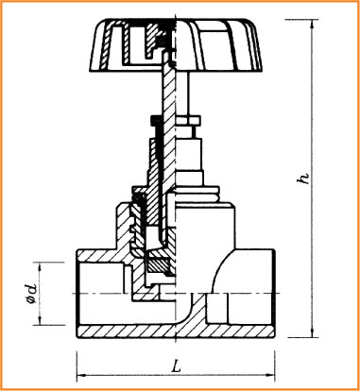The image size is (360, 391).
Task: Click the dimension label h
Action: (x=304, y=178)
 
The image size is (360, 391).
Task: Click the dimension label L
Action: (x=178, y=366)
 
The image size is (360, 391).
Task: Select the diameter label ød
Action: (x=32, y=294)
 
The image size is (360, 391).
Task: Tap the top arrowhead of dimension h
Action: (x=312, y=25)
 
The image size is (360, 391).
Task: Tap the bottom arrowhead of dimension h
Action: (x=312, y=332)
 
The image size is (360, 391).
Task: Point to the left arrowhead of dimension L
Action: (x=82, y=375)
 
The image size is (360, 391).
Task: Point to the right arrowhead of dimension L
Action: (x=270, y=375)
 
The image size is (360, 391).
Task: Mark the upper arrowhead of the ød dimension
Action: (x=40, y=267)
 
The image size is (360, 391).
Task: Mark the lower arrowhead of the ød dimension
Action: (x=40, y=320)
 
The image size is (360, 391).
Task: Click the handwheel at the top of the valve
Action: (x=176, y=44)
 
